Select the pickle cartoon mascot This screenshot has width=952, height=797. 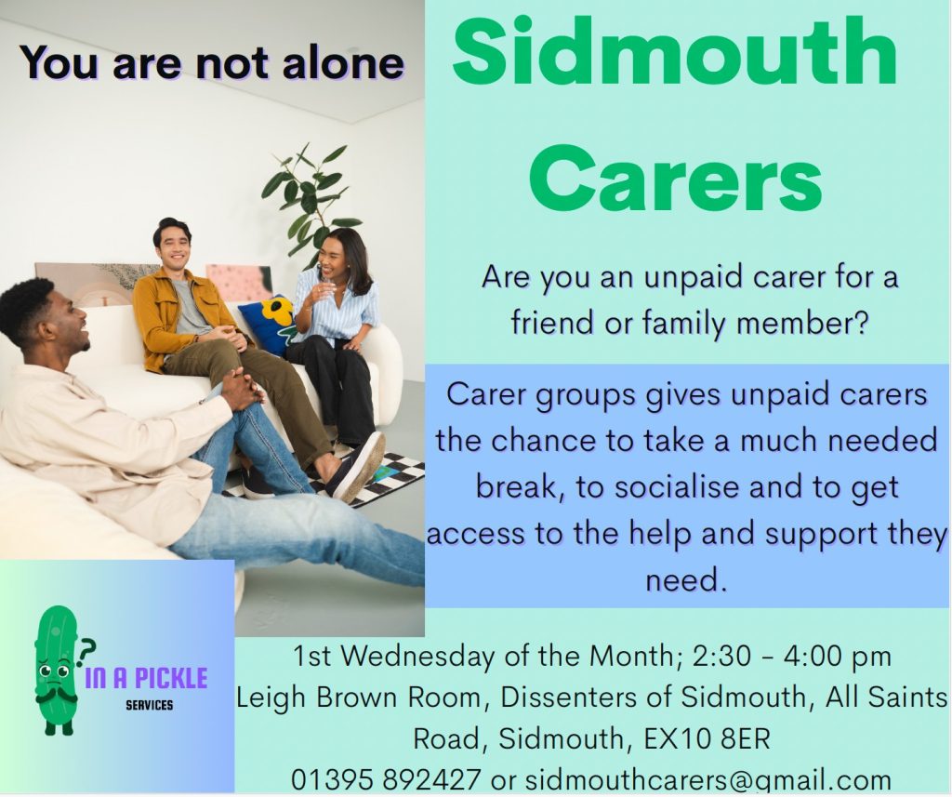click(x=57, y=670)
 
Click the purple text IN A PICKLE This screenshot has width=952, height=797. click(x=146, y=678)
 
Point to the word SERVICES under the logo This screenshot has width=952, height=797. click(x=150, y=705)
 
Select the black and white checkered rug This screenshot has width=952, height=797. click(x=364, y=477)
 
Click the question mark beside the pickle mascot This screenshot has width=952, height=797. click(x=86, y=649)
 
